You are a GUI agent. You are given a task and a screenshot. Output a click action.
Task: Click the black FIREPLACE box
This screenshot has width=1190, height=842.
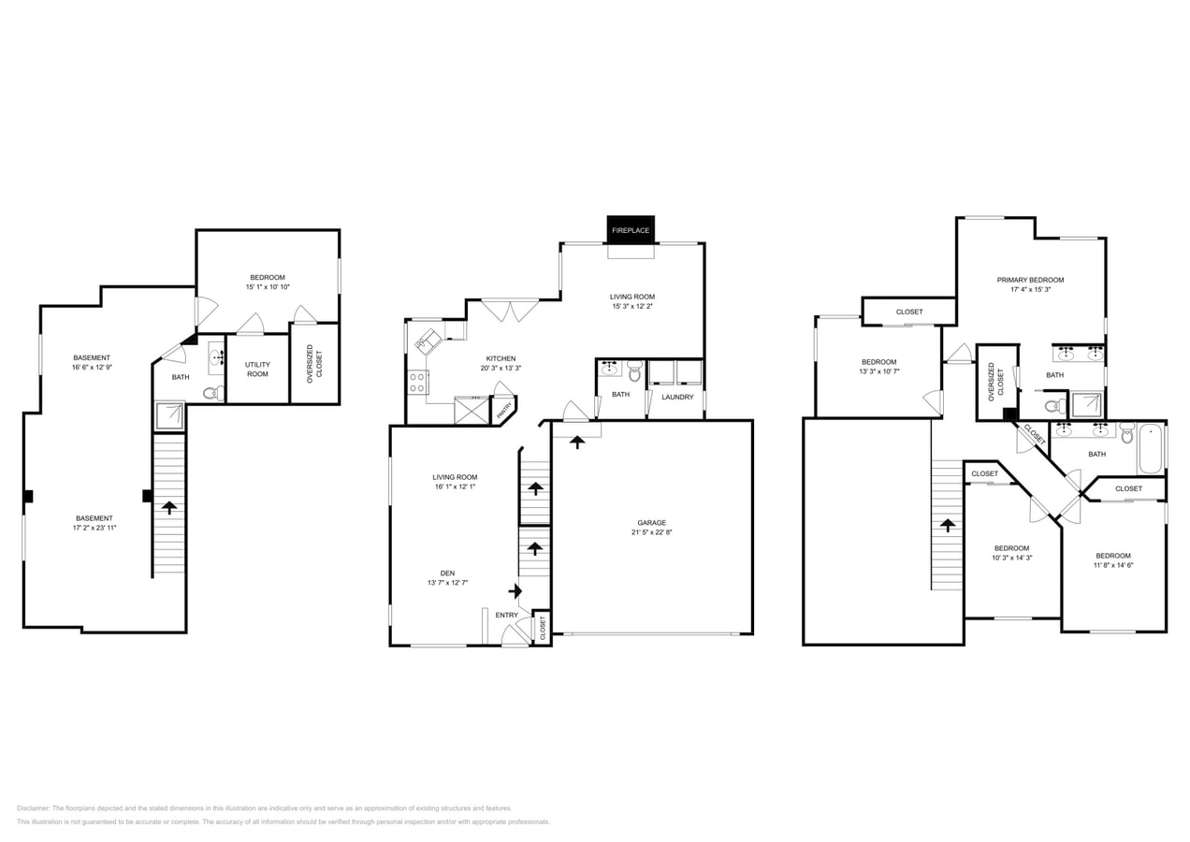pos(631,229)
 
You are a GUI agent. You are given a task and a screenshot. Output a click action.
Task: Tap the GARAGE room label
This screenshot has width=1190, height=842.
pos(651,523)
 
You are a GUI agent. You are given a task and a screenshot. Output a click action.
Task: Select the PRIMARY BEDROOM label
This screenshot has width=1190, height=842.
pos(1030,280)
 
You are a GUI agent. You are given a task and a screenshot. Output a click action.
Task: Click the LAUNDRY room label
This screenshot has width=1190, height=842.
pos(677,397)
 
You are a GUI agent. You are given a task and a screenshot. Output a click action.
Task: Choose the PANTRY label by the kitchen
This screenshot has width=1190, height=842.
pos(503,409)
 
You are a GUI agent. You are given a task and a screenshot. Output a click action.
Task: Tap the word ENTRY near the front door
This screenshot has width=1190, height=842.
pos(506,615)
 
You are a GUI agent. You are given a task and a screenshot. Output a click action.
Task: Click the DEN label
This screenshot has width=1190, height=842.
pos(447,573)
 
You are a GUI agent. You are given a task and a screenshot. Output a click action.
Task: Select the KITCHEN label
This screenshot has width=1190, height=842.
pos(501,358)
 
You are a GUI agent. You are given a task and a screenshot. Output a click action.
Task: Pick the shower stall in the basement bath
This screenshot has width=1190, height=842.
pos(168,415)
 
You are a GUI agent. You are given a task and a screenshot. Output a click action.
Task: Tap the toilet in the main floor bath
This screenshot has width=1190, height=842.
pos(634,372)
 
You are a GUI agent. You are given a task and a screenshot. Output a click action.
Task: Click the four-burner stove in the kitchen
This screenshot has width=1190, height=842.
pos(417,382)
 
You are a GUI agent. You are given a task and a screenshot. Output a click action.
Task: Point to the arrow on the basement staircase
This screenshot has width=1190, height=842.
pos(169,507)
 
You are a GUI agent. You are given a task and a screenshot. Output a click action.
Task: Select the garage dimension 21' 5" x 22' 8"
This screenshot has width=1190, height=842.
pos(651,533)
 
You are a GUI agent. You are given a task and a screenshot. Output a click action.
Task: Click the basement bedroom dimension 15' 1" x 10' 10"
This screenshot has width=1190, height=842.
pos(268,287)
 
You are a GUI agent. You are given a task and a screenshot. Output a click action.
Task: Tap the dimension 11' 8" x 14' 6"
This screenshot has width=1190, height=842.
pos(1113,565)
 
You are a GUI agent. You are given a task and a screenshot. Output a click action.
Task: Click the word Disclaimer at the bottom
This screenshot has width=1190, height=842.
pos(34,808)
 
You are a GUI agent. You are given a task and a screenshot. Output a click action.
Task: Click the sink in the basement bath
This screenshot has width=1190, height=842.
pos(215,356)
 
